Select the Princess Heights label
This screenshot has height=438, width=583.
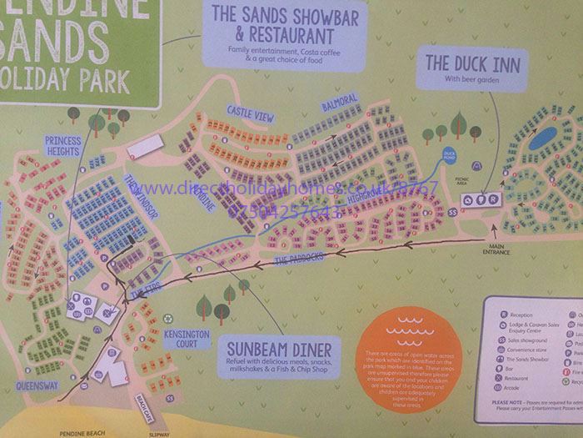(x=63, y=145)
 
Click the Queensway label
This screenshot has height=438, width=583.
(x=37, y=386)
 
